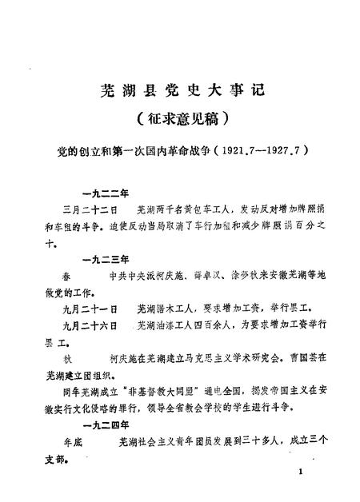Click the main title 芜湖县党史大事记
[180, 90]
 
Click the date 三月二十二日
[89, 210]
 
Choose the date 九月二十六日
[89, 327]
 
